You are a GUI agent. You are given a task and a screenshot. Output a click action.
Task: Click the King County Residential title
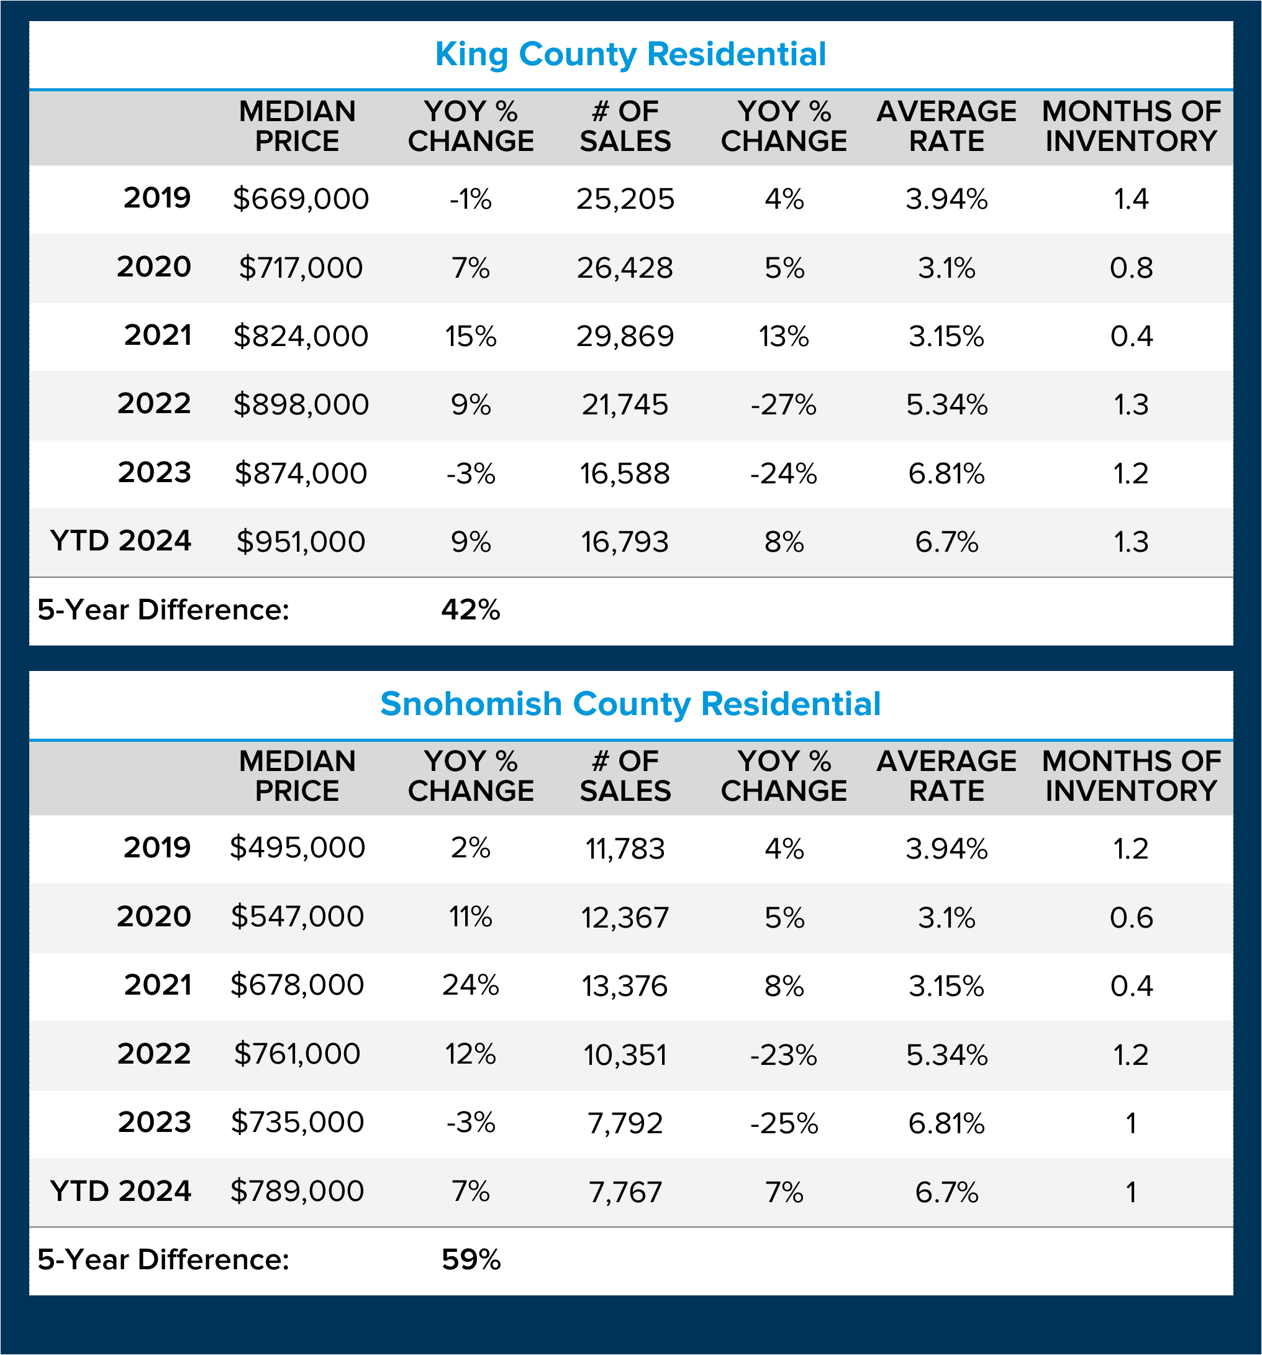[630, 55]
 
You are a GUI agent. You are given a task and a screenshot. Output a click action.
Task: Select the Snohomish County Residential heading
[630, 704]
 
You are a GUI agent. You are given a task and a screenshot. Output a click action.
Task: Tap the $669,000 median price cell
[301, 199]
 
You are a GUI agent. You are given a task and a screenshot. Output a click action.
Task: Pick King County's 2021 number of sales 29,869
[625, 336]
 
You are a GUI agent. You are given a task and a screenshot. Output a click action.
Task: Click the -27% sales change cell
[784, 405]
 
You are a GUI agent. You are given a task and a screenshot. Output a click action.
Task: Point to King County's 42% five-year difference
[470, 610]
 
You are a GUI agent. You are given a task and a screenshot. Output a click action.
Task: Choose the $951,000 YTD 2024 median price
[301, 542]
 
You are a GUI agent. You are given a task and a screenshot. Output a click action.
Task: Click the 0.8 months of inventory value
[1131, 268]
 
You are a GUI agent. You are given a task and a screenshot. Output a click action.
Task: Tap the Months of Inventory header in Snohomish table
[1131, 775]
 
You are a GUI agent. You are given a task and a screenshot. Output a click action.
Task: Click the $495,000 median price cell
[297, 848]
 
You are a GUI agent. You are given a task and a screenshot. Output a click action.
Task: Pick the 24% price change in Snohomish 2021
[470, 985]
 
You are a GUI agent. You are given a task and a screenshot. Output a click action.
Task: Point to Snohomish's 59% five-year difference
[471, 1259]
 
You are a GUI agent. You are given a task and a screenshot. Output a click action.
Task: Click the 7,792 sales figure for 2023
[625, 1123]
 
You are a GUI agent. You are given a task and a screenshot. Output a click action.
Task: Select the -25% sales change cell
[784, 1123]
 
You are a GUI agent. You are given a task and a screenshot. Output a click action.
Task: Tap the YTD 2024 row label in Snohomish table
[120, 1191]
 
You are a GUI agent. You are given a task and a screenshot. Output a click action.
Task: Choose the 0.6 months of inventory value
[1131, 918]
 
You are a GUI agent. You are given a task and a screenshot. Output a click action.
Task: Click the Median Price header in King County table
[297, 126]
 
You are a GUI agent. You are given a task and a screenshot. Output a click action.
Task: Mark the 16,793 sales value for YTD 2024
[625, 542]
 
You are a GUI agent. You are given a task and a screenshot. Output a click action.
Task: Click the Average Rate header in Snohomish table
[946, 775]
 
